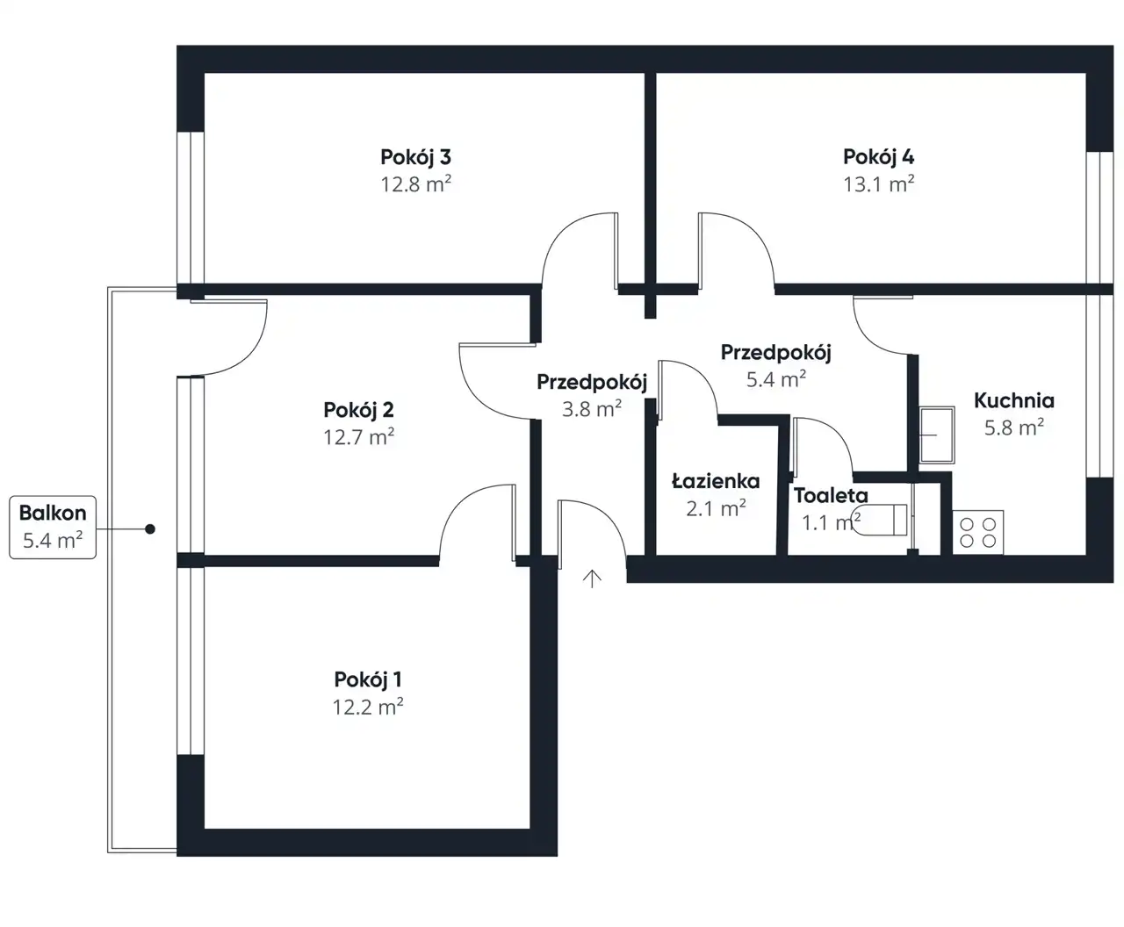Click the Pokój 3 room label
coord(415,157)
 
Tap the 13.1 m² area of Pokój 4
coord(878,184)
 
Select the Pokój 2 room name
coord(358,410)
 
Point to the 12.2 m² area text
coord(368,707)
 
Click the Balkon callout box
coord(53,527)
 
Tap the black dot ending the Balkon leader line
coord(150,529)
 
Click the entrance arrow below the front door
coord(592,578)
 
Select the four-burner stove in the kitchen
coord(977,532)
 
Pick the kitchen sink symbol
coord(937,435)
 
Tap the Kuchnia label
coord(1014,400)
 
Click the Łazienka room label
coord(716,481)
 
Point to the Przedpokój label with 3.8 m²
coord(592,382)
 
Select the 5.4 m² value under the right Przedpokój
coord(775,379)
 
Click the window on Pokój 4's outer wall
coord(1099,218)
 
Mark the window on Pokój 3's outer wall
coord(191,208)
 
